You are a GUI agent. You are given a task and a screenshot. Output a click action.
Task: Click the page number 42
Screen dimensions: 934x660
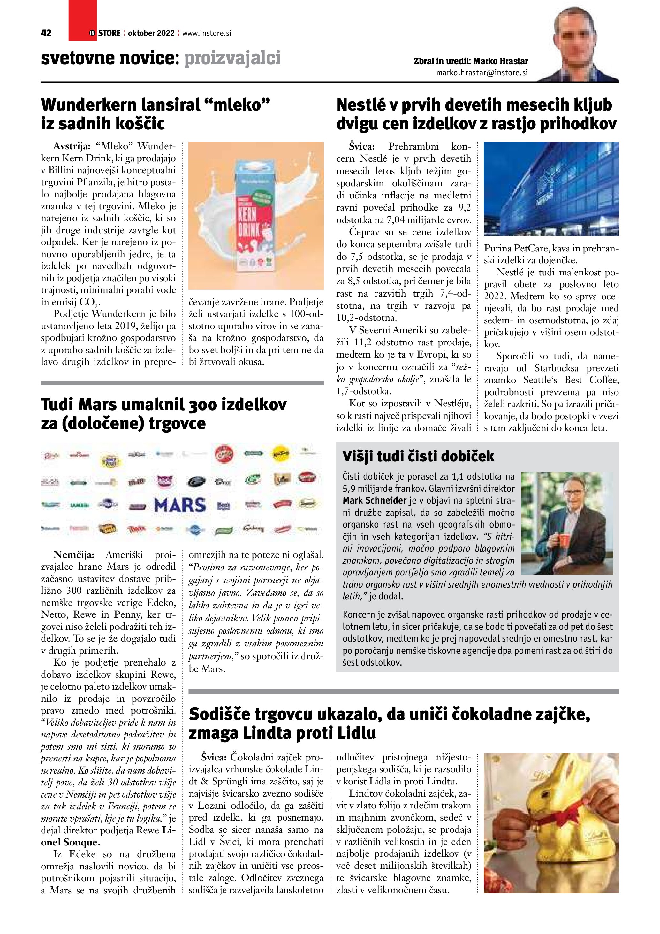tap(46, 33)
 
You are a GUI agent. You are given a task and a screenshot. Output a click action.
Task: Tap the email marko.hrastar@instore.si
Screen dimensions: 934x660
tap(482, 73)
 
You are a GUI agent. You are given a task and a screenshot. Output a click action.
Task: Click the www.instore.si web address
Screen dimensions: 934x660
tap(207, 33)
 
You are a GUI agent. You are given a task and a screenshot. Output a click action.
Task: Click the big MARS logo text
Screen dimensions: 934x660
tap(180, 506)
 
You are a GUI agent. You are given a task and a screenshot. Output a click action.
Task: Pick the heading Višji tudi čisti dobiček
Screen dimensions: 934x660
tap(418, 456)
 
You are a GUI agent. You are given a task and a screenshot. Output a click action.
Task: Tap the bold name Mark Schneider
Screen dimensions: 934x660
tap(374, 500)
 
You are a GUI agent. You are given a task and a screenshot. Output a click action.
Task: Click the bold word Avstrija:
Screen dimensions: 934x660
tap(72, 146)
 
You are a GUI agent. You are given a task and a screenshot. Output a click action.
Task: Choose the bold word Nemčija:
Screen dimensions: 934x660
tap(73, 555)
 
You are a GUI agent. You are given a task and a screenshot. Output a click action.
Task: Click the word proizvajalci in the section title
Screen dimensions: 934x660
tap(232, 58)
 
